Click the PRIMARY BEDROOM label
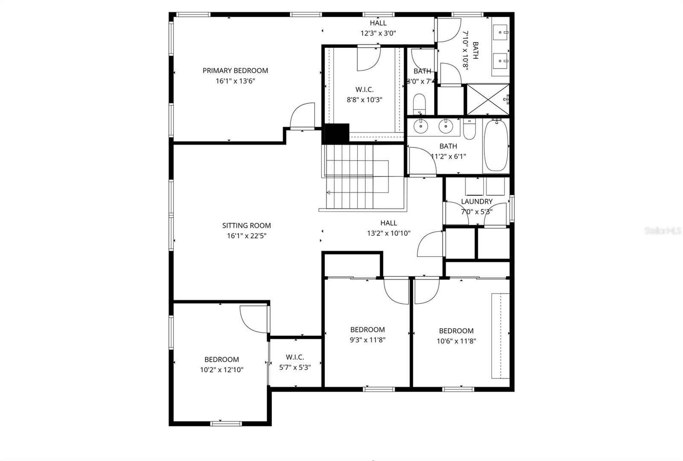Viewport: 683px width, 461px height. coord(235,70)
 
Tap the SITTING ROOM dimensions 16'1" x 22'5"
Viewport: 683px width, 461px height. coord(246,236)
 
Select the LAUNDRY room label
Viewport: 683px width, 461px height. coord(476,201)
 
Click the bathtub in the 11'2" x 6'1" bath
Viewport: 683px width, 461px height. coord(496,145)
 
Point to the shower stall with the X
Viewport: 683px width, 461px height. coord(487,100)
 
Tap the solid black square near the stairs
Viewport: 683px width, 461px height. coord(337,133)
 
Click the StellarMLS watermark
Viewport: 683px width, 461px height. coord(663,231)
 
